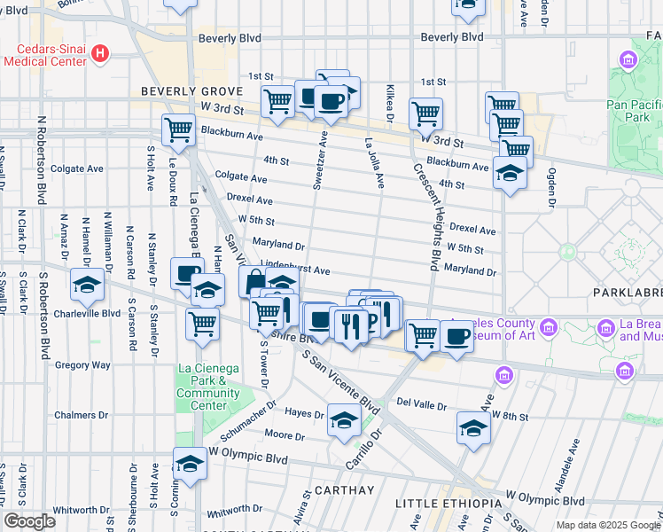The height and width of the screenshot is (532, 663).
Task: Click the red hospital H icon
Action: pyautogui.click(x=100, y=53)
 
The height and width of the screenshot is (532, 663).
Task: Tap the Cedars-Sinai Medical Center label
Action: pyautogui.click(x=46, y=54)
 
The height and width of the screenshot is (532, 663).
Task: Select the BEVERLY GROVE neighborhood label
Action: pyautogui.click(x=180, y=92)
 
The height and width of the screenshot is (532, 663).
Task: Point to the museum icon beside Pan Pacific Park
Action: pyautogui.click(x=628, y=61)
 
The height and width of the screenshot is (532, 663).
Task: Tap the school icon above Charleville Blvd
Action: pyautogui.click(x=87, y=285)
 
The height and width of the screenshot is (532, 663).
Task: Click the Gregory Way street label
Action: pyautogui.click(x=82, y=364)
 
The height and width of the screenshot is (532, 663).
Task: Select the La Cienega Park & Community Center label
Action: pyautogui.click(x=202, y=387)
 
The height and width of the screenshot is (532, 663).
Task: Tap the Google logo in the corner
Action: pyautogui.click(x=29, y=521)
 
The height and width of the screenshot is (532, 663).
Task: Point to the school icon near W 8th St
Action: pyautogui.click(x=473, y=428)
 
